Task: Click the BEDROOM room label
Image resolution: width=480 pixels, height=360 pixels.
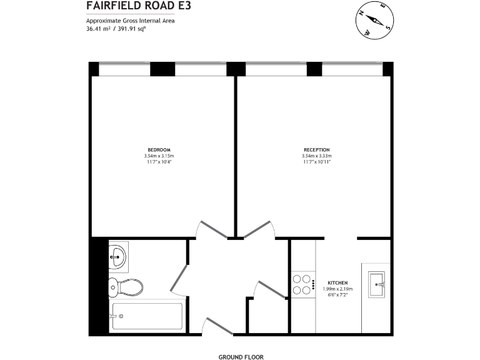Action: (x=159, y=149)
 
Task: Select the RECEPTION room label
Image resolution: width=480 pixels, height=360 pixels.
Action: (x=316, y=149)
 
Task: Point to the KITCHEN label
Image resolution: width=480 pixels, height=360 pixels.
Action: (x=337, y=282)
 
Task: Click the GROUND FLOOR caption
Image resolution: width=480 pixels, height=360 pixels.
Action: (x=241, y=357)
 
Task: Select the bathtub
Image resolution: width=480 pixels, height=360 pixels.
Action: (x=147, y=317)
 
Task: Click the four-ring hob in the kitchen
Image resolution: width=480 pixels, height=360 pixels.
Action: (x=303, y=284)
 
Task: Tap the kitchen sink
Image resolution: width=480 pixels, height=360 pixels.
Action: (x=379, y=284)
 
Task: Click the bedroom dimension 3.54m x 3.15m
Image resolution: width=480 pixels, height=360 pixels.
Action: (x=159, y=156)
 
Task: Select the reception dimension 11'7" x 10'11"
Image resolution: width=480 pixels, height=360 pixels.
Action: (x=316, y=162)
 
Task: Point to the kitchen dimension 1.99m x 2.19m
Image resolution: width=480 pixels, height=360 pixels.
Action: (x=337, y=289)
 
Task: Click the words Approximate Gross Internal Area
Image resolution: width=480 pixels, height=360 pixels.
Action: (x=130, y=21)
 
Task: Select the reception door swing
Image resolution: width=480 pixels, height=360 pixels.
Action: (x=260, y=229)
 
